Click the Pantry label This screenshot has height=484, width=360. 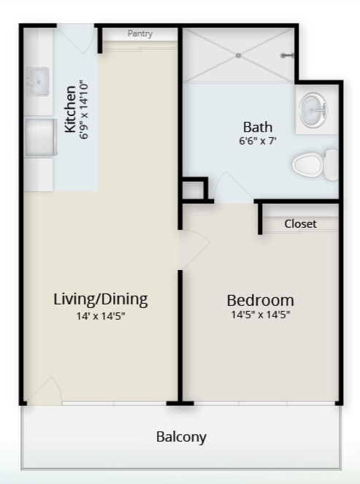(x=140, y=34)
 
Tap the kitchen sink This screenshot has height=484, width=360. (x=37, y=82)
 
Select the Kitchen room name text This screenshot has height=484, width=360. (x=70, y=110)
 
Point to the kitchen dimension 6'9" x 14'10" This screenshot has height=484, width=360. (x=84, y=110)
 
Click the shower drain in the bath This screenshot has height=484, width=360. (x=238, y=55)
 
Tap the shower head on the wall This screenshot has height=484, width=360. (x=287, y=55)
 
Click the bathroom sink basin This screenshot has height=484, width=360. (x=314, y=110)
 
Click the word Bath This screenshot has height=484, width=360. (x=258, y=127)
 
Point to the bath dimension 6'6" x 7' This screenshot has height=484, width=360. (x=258, y=141)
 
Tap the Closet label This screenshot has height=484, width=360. (x=300, y=224)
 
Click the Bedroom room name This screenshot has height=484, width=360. (x=260, y=300)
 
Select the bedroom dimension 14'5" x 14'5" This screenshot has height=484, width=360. (x=260, y=315)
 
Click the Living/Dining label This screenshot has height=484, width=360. (x=101, y=299)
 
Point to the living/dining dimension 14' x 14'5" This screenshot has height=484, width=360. (x=101, y=316)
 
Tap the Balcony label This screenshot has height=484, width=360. (x=181, y=437)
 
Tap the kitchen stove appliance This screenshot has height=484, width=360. (x=40, y=138)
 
